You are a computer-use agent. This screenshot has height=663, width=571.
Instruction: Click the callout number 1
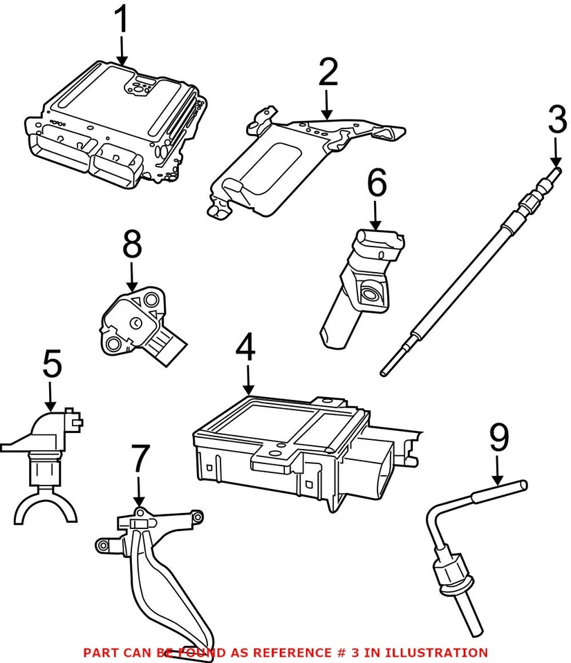(122, 19)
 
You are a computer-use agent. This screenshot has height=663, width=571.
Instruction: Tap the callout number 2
(328, 72)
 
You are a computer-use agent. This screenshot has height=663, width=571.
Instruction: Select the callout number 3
(557, 120)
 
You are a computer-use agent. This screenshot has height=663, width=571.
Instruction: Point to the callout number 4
(246, 347)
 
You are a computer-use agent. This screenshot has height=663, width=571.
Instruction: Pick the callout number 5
(52, 363)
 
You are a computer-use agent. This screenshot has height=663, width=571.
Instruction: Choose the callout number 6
(376, 182)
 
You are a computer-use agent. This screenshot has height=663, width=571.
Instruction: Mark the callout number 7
(140, 459)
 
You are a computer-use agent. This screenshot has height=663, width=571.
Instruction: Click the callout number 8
(131, 244)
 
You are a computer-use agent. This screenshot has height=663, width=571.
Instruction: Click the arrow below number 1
(122, 50)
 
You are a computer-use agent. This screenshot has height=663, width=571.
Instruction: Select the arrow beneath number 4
(248, 380)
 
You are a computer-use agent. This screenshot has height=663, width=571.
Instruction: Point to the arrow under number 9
(498, 470)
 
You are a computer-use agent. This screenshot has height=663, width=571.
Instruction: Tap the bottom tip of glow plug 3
(384, 373)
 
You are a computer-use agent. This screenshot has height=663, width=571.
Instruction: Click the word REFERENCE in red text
(289, 653)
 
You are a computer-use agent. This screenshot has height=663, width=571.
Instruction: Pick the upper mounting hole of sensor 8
(151, 300)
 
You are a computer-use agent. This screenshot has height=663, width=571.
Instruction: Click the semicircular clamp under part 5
(47, 506)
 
